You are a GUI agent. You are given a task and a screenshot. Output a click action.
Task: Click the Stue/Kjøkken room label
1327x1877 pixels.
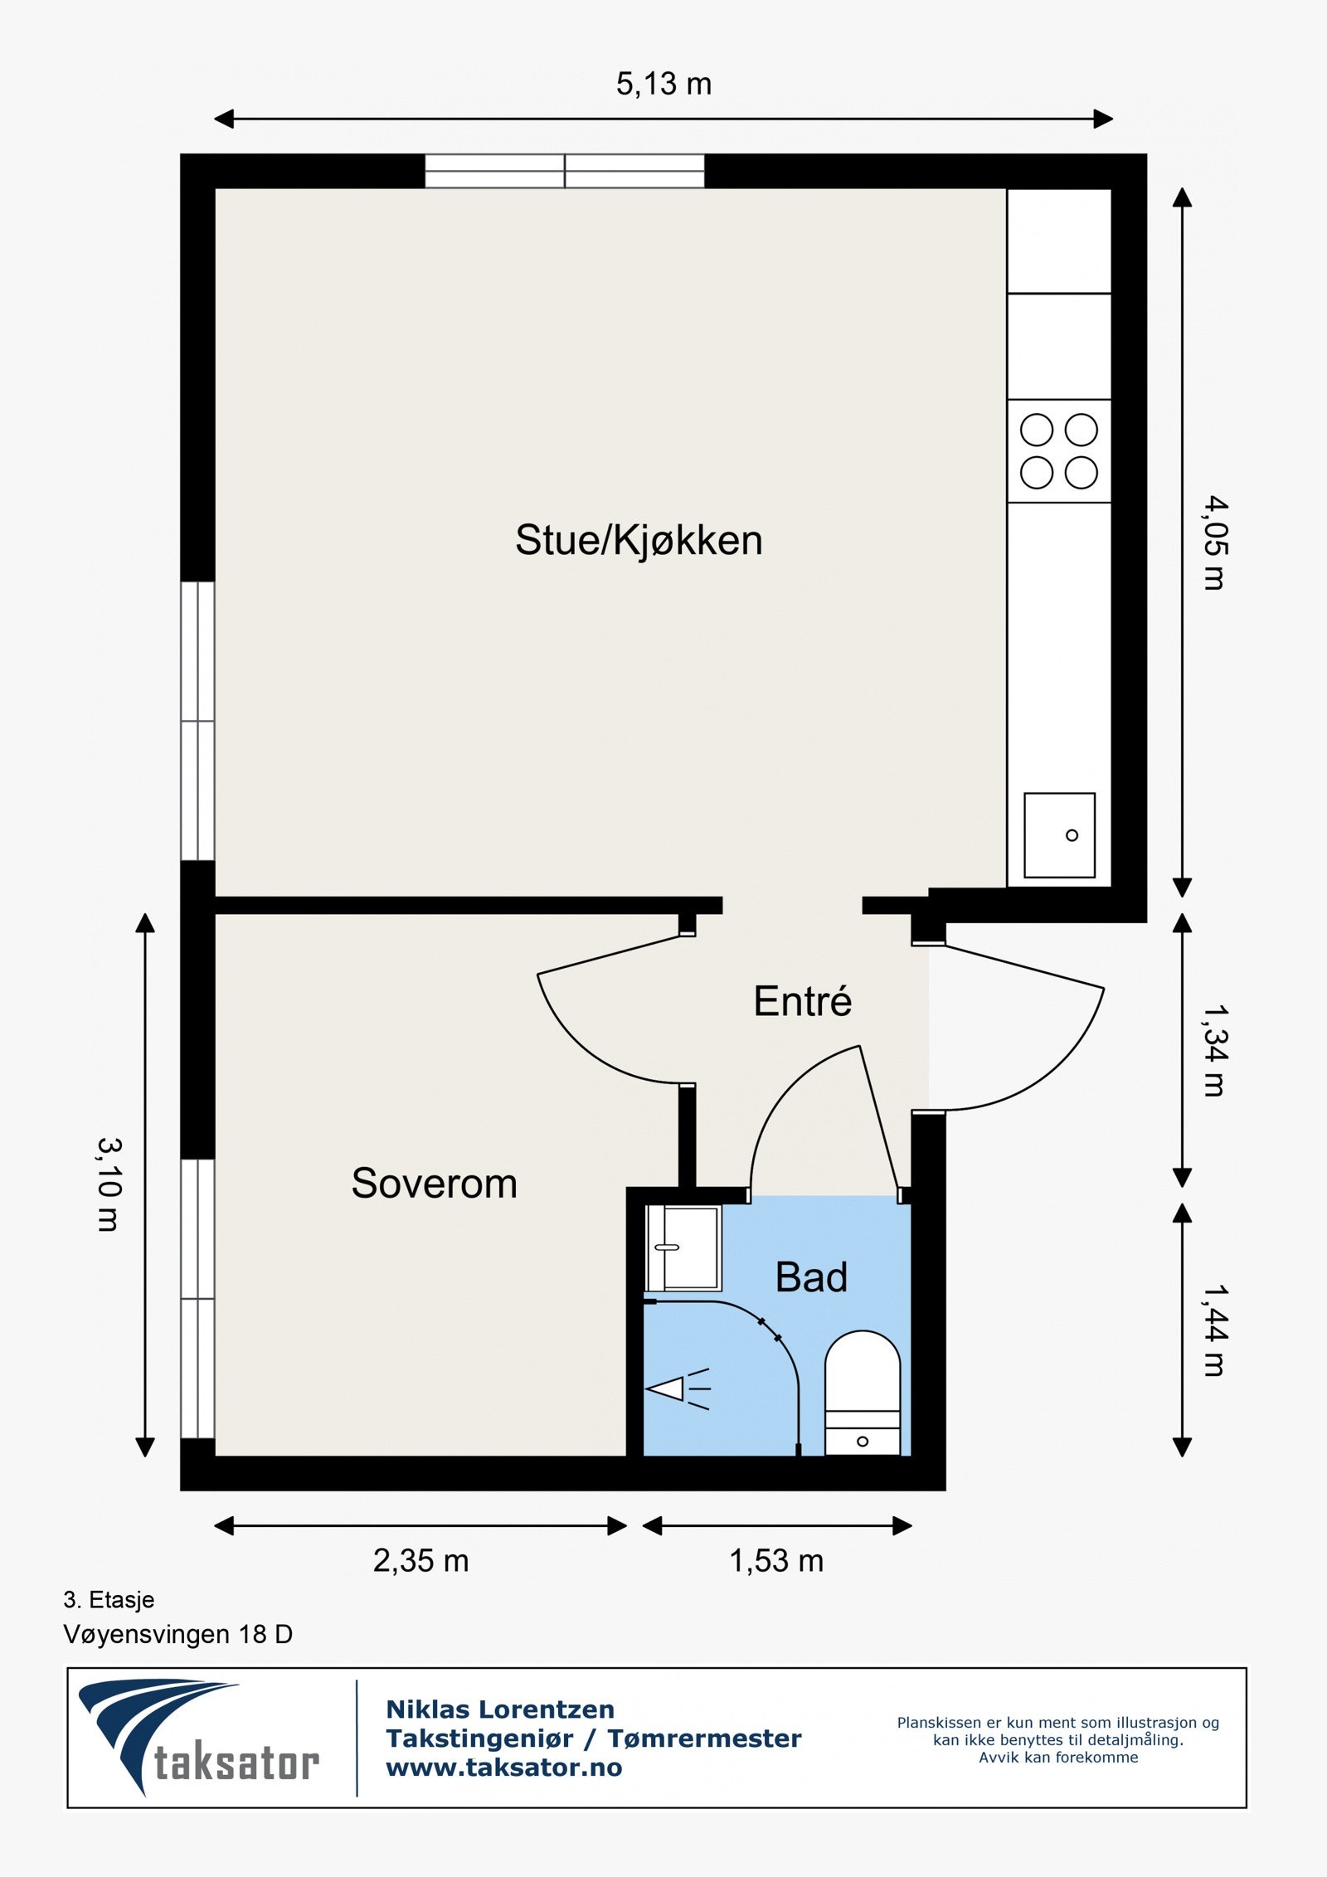click(x=639, y=541)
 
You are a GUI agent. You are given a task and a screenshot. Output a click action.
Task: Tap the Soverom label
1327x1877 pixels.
click(x=434, y=1183)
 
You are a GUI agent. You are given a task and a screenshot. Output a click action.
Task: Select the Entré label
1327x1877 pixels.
click(x=802, y=1001)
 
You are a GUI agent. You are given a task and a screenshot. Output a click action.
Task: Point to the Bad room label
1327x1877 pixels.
click(x=811, y=1277)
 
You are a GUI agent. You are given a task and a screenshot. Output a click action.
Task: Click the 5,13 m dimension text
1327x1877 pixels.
click(x=663, y=84)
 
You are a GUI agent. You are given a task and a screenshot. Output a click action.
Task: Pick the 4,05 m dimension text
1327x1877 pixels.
click(x=1214, y=542)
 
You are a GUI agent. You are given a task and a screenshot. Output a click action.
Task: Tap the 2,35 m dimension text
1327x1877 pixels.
click(x=420, y=1561)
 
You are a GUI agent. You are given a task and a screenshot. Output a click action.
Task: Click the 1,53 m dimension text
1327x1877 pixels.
click(x=776, y=1561)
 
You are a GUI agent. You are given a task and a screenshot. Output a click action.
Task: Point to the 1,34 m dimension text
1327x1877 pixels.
click(x=1214, y=1051)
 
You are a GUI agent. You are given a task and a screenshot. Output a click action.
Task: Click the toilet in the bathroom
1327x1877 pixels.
click(x=863, y=1393)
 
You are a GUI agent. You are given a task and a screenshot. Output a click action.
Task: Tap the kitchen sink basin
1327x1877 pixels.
click(x=1059, y=835)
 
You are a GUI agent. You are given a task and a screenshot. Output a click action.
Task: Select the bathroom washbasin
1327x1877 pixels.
click(x=683, y=1248)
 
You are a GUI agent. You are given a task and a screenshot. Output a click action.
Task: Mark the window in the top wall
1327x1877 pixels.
click(x=565, y=171)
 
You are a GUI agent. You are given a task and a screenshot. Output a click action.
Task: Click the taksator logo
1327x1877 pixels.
click(x=199, y=1738)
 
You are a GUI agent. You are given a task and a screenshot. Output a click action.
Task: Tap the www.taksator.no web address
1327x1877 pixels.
click(x=504, y=1768)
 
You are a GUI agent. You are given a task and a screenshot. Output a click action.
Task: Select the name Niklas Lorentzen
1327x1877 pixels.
click(x=500, y=1709)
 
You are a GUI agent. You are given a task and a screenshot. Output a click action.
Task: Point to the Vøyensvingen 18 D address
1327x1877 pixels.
click(x=178, y=1635)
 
